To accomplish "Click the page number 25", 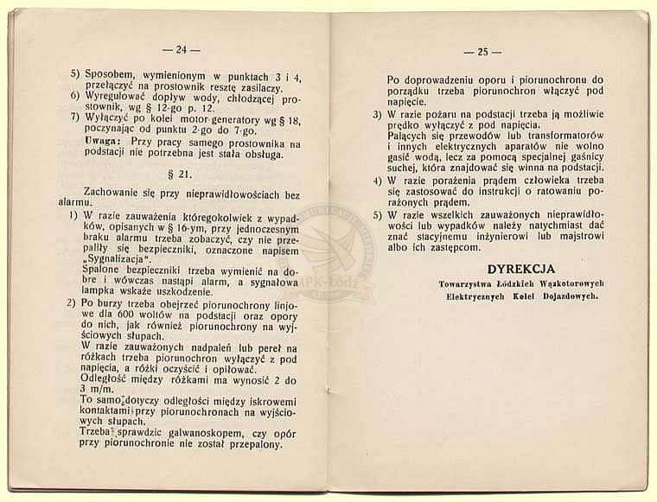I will coord(476,52).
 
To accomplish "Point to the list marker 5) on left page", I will coord(76,75).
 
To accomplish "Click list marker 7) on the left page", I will coord(76,116).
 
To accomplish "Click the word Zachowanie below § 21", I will coord(111,190).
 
